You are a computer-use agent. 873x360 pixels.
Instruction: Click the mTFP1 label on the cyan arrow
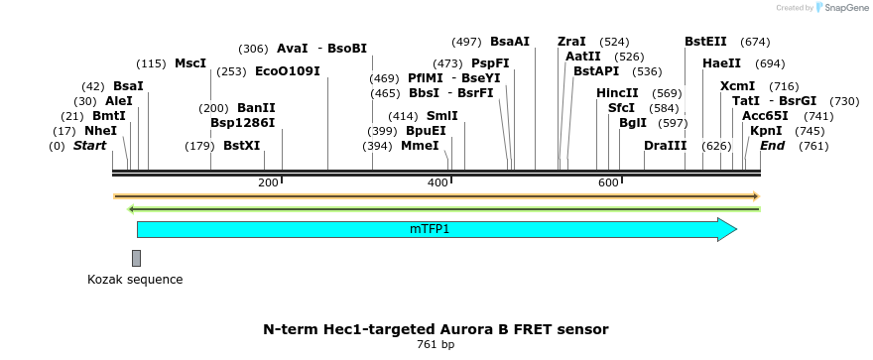(430, 229)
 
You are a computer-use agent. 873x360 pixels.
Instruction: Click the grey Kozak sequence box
(136, 258)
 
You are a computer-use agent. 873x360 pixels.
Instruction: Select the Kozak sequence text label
(135, 280)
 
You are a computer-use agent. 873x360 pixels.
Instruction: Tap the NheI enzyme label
(100, 131)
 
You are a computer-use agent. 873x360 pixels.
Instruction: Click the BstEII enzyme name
(705, 42)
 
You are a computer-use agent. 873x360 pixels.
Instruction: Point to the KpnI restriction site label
(766, 131)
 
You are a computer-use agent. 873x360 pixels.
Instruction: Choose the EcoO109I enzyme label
(288, 71)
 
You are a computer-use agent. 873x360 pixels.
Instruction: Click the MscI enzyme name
(190, 63)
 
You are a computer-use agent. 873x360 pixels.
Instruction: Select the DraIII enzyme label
(665, 146)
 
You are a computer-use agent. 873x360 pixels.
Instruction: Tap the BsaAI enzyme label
(510, 42)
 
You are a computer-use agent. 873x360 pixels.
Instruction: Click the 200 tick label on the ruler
(268, 183)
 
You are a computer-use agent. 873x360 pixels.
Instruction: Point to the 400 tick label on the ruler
(437, 183)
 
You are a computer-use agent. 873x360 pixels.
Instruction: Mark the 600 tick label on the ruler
(608, 183)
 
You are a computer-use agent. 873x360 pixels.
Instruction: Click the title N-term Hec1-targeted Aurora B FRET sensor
(436, 328)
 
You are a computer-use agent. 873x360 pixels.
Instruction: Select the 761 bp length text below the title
(436, 345)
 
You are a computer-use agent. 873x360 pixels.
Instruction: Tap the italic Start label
(89, 146)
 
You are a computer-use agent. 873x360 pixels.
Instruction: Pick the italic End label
(772, 146)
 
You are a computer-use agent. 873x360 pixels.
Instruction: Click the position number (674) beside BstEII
(755, 42)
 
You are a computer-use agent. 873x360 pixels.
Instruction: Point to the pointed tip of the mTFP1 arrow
(736, 229)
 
